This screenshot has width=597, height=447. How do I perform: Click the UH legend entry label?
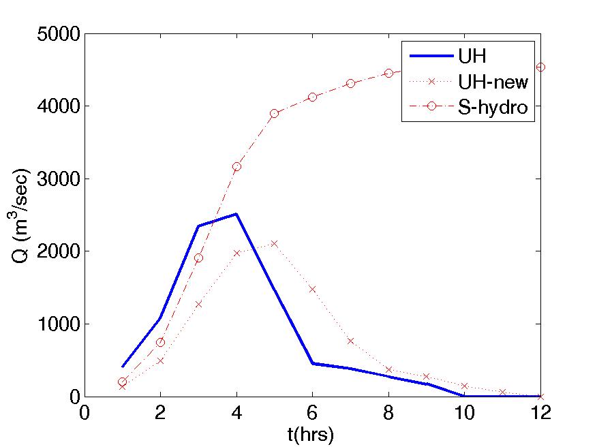[x=472, y=56]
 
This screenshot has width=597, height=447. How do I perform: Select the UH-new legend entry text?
[x=493, y=82]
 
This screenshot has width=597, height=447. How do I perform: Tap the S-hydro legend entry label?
[x=493, y=108]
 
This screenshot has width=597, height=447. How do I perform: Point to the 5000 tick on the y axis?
[x=59, y=34]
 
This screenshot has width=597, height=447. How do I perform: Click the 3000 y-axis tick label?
[x=59, y=179]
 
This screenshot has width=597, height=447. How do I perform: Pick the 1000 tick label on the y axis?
[x=59, y=324]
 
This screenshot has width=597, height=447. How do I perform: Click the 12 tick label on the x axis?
[x=540, y=412]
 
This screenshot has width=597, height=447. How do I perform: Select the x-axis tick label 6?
[x=313, y=412]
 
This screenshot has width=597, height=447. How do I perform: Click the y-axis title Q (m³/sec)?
[x=19, y=215]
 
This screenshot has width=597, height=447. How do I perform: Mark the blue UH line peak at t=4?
[x=236, y=214]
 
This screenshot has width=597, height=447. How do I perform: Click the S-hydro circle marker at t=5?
[x=275, y=114]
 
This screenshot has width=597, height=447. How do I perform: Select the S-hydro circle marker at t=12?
[x=540, y=67]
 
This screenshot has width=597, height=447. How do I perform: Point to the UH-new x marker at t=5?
[x=275, y=244]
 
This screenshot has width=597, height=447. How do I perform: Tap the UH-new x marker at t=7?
[x=351, y=341]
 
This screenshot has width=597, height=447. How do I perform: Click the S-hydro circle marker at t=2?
[x=160, y=342]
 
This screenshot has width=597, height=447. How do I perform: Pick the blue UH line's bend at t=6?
[x=313, y=364]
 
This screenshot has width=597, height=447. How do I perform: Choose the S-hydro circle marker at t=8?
[x=388, y=73]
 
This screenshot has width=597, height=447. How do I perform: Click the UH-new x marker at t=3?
[x=198, y=304]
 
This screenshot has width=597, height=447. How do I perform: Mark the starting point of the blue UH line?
[x=123, y=367]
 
